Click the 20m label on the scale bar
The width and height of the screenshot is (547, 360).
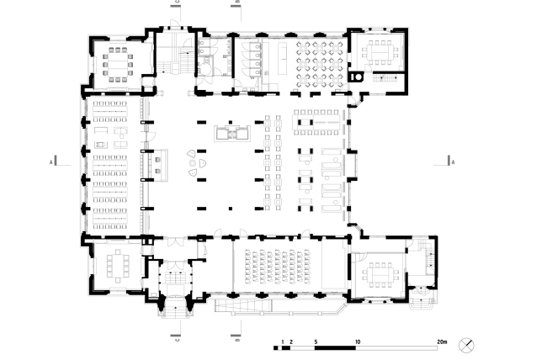pos(441,340)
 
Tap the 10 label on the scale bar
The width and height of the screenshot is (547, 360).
pos(359,340)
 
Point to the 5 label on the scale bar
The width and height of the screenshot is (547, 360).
pos(316,340)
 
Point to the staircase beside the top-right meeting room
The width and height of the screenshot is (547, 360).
pos(389,80)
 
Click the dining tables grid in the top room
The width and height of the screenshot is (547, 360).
pos(319,61)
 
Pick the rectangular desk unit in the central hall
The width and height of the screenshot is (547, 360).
pos(231,133)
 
